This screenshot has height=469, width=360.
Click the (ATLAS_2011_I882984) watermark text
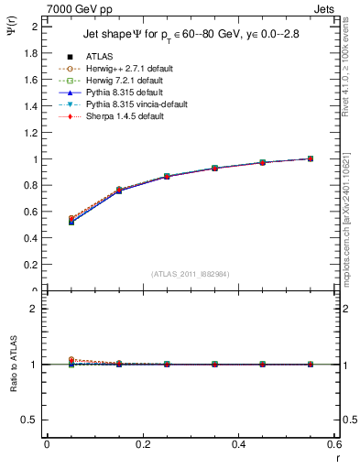tap(190, 273)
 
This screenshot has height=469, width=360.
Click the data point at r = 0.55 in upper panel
tap(311, 158)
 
